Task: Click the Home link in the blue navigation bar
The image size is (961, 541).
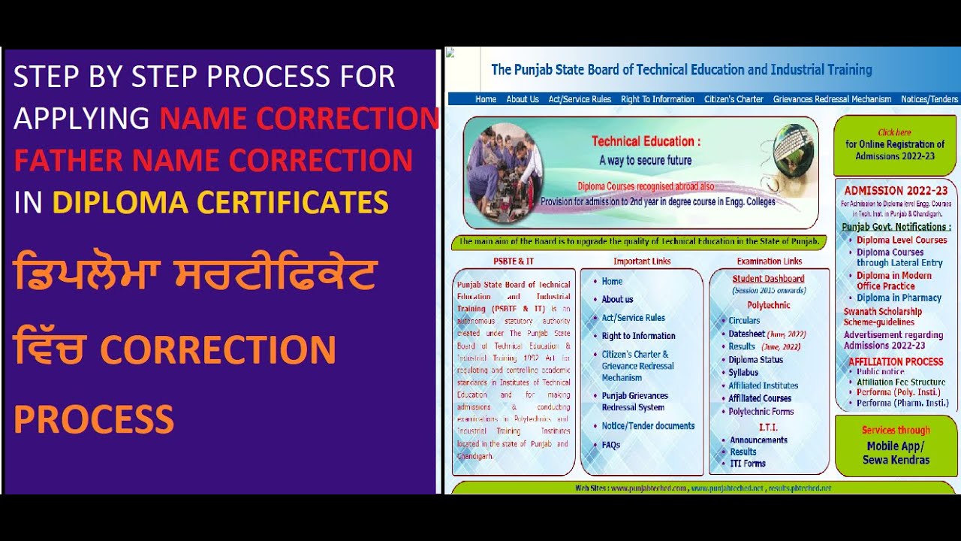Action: [x=486, y=99]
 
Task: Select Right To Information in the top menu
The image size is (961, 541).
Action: [x=658, y=99]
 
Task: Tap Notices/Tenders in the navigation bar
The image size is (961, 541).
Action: [x=929, y=99]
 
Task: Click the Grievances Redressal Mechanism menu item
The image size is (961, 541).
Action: [x=832, y=99]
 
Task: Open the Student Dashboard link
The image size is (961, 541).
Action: [x=768, y=279]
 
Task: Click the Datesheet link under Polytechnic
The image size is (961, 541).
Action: [x=746, y=334]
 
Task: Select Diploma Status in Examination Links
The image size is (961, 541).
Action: [x=755, y=360]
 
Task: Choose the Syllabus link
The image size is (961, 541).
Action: [x=743, y=373]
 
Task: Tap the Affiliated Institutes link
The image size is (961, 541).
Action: [x=763, y=385]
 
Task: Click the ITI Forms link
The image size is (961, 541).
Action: [x=748, y=464]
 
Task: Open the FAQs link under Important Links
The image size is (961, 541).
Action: [x=611, y=445]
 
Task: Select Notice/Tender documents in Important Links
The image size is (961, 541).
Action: [x=648, y=426]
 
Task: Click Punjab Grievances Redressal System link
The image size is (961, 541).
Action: [x=634, y=401]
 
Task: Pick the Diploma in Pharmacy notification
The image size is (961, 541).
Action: [x=899, y=298]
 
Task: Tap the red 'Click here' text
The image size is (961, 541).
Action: [x=894, y=133]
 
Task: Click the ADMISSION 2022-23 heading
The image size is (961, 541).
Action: [x=896, y=191]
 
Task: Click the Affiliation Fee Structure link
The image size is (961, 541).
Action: [x=901, y=382]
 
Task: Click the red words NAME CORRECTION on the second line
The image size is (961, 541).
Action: [x=299, y=119]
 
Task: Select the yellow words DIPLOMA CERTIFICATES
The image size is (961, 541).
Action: [x=221, y=202]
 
